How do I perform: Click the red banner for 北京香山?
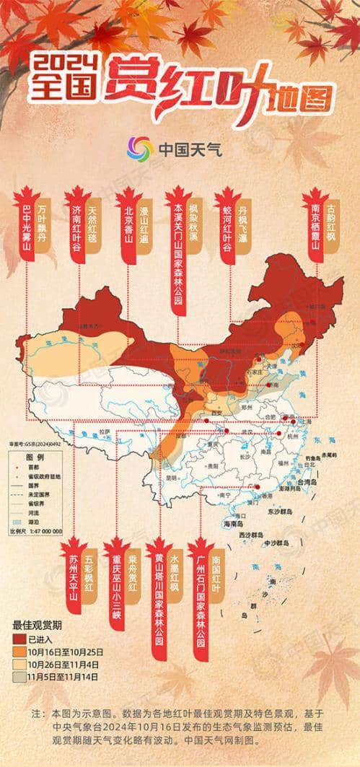coord(129,234)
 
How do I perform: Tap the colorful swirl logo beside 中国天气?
coord(139,149)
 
